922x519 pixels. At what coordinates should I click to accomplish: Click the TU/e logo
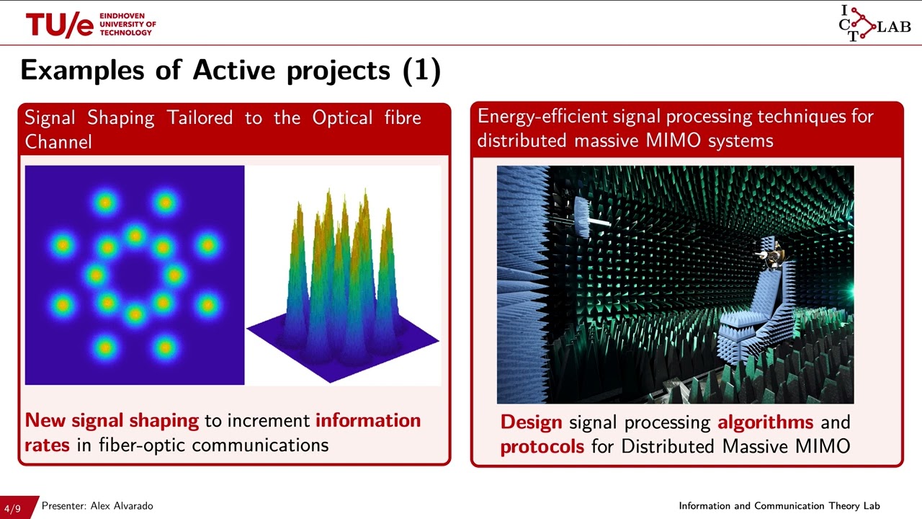coord(61,25)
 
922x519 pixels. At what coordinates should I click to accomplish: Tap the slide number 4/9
coord(12,508)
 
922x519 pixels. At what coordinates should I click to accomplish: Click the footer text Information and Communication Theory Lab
coord(779,506)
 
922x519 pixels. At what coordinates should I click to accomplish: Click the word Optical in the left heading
coord(340,118)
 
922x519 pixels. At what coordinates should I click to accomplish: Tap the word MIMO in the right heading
coord(674,141)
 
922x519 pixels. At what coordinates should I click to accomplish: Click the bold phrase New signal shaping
coord(112,420)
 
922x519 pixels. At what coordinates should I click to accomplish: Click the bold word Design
coord(532,422)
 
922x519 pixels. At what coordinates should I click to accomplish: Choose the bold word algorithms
coord(765,422)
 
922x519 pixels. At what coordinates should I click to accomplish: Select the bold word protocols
coord(542,446)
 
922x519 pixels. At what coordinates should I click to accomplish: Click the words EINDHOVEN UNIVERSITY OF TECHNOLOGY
coord(127,25)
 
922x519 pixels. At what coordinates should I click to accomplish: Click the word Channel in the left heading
coord(58,142)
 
